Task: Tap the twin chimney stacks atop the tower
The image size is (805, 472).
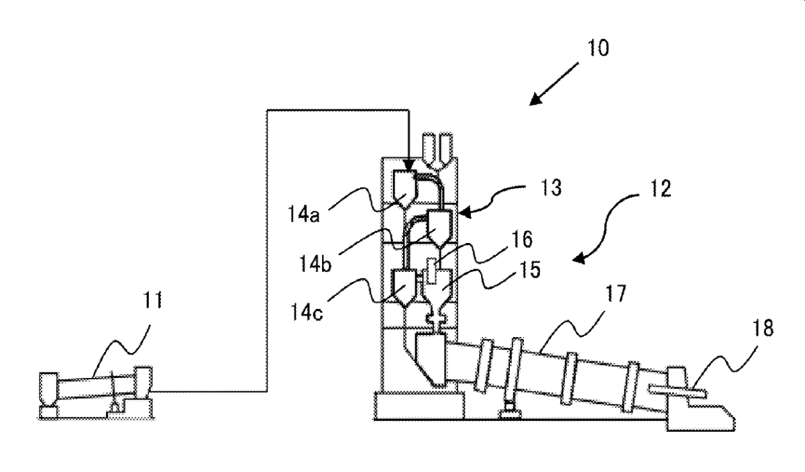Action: (x=435, y=150)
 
